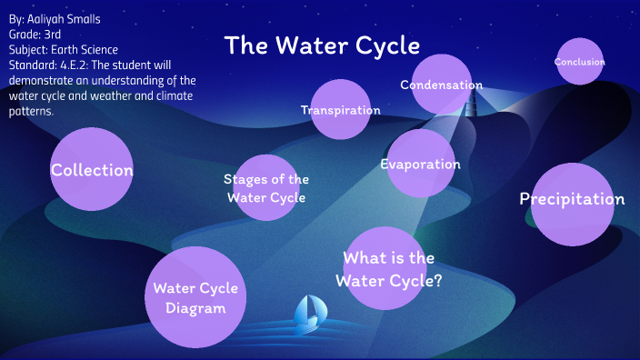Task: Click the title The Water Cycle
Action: [x=322, y=45]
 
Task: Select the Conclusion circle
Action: [x=580, y=62]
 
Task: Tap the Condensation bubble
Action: [x=441, y=85]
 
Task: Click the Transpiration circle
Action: [x=341, y=110]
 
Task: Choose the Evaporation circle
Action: [x=420, y=165]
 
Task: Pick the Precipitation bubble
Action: [x=572, y=199]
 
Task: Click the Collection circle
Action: [x=92, y=170]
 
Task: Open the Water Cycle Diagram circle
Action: [x=195, y=298]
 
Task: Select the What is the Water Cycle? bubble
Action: [x=388, y=269]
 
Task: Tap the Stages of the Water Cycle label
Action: [x=266, y=188]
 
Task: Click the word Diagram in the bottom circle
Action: [x=195, y=308]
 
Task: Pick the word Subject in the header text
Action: [x=26, y=49]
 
